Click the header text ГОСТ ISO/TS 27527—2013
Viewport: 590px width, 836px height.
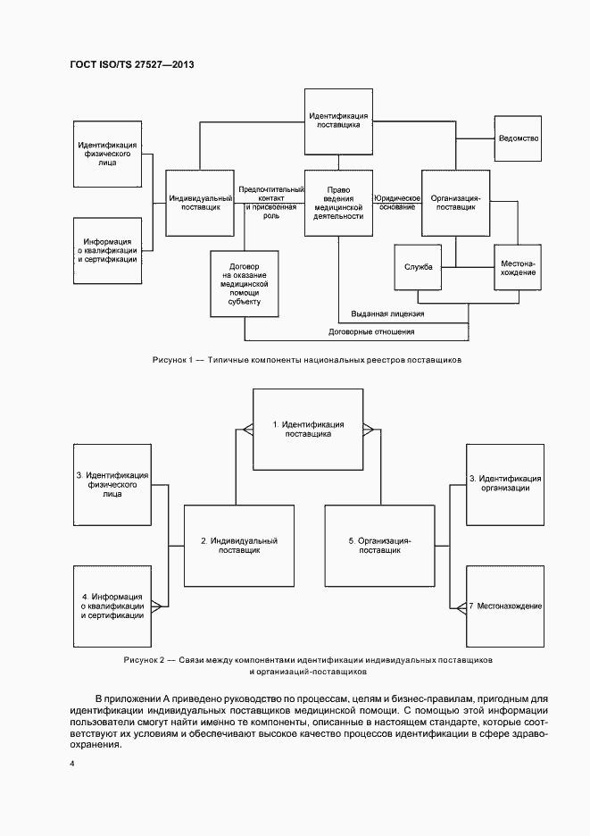tap(131, 65)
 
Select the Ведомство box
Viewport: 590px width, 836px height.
tap(517, 138)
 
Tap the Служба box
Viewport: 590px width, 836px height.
tap(419, 266)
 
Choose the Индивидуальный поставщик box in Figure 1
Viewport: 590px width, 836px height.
tap(201, 202)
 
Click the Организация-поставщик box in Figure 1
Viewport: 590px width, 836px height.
tap(455, 202)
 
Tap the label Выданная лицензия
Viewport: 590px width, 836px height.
tap(387, 314)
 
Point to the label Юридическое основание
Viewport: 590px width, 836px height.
tap(397, 202)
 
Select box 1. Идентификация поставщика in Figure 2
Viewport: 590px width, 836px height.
tap(308, 429)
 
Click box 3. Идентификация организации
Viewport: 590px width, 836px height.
tap(505, 483)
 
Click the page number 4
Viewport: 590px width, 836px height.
tap(72, 764)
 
